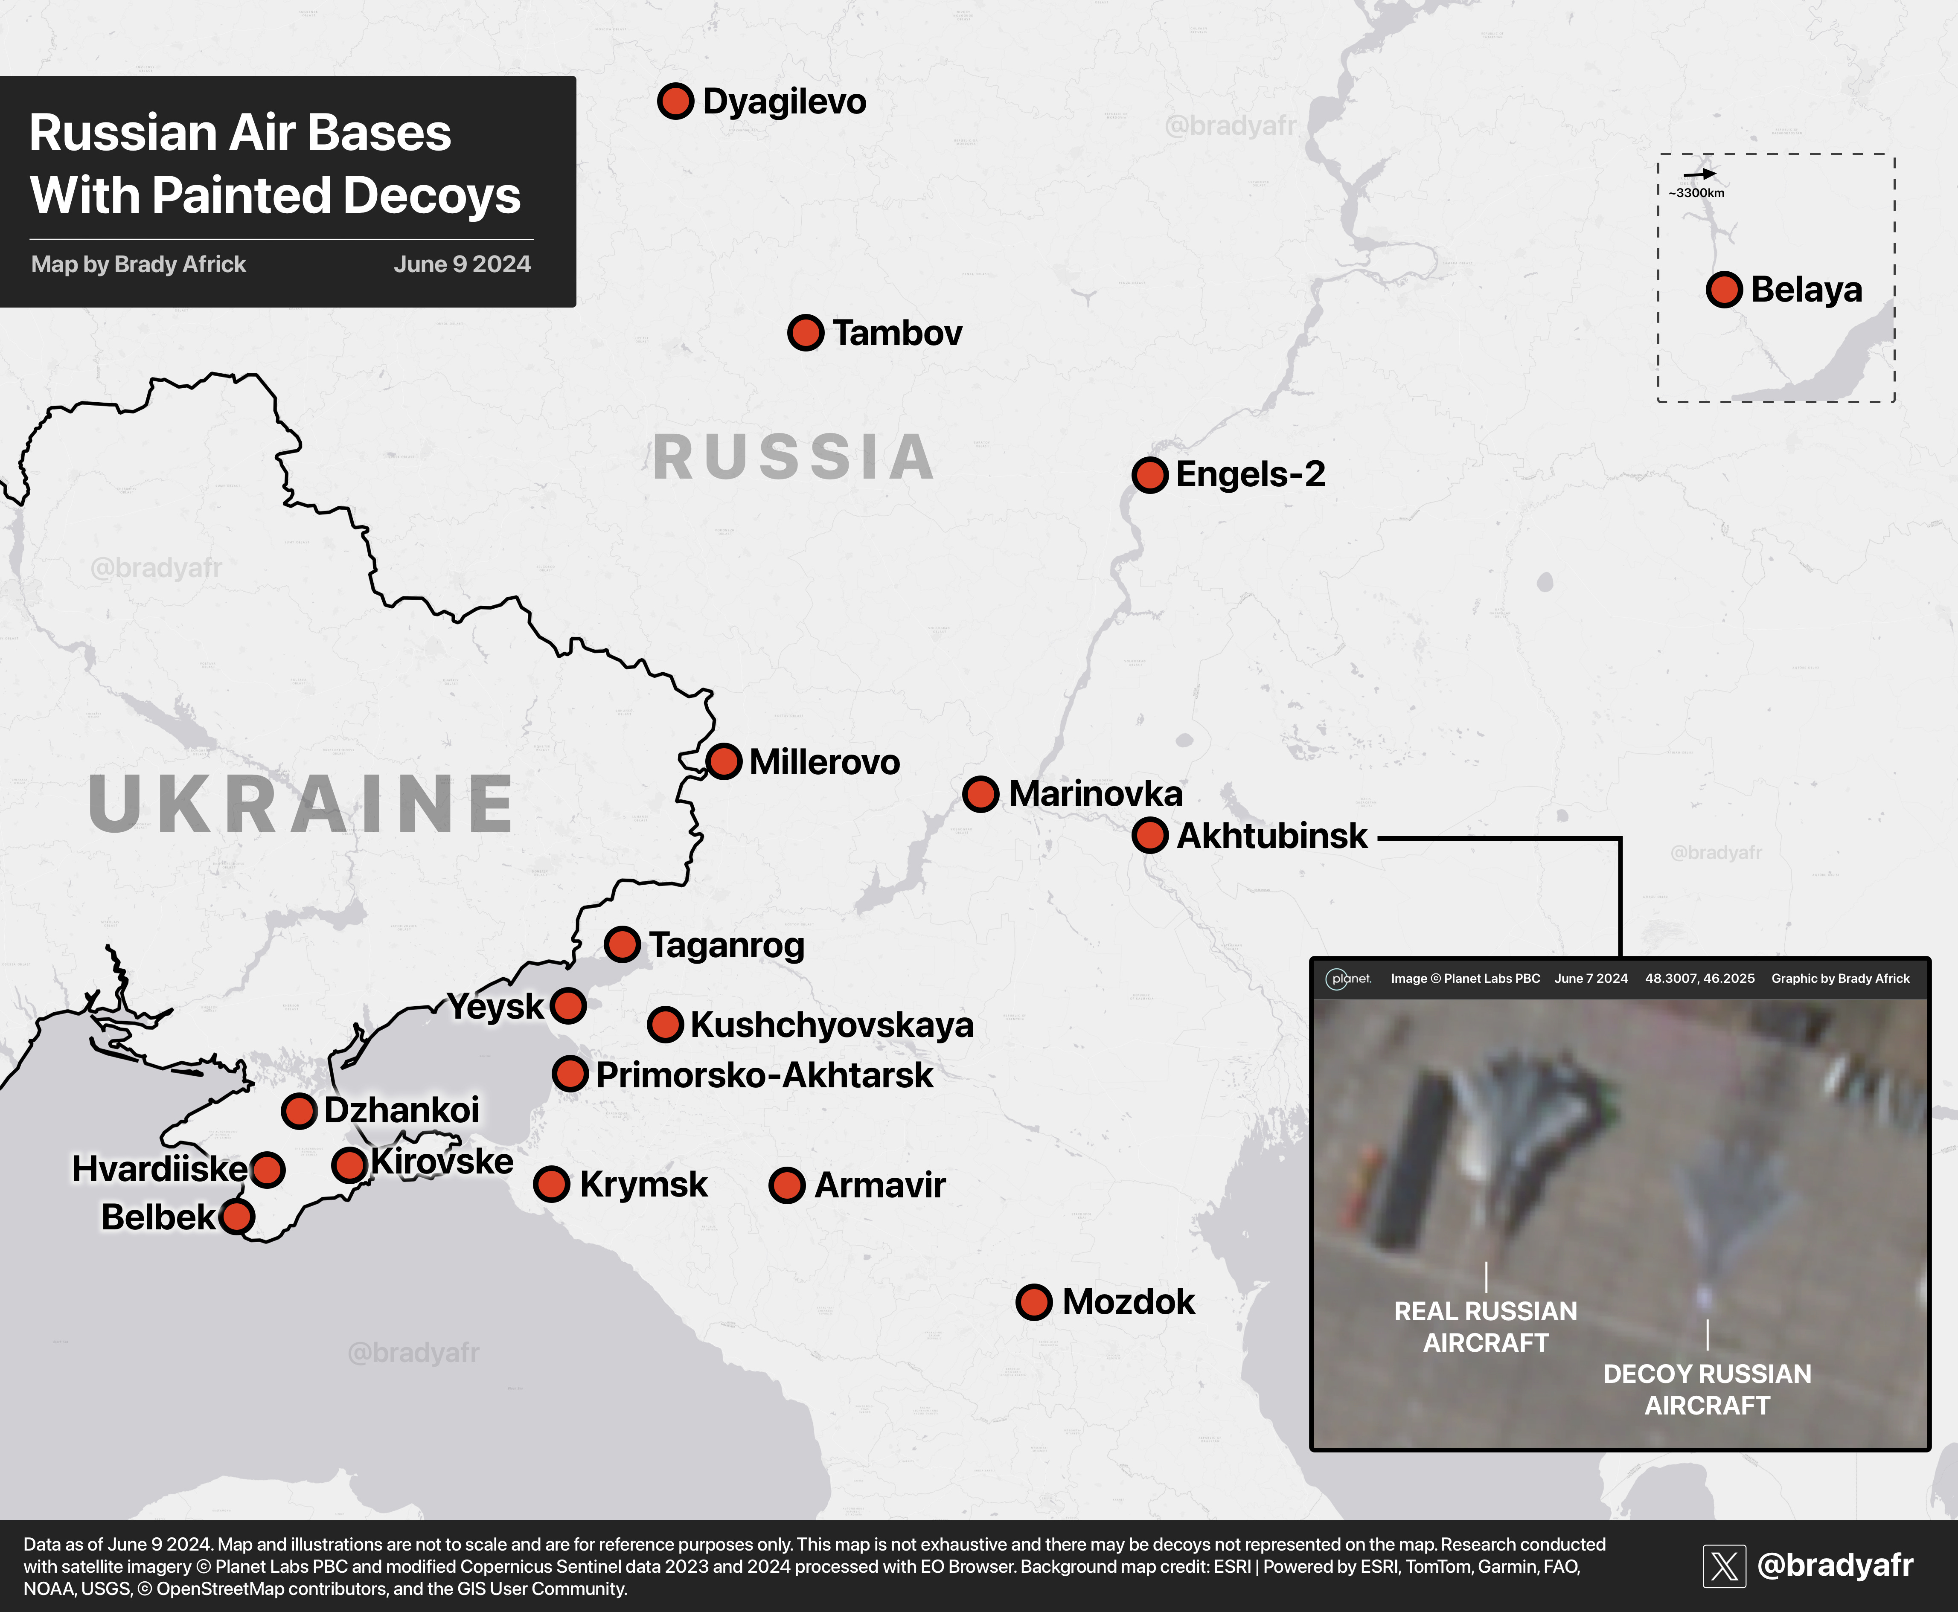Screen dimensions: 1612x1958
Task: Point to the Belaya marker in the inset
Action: (x=1724, y=290)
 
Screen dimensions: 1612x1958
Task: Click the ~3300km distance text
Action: (x=1696, y=193)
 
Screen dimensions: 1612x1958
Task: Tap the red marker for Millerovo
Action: (x=724, y=761)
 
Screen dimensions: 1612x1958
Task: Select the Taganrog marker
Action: (x=623, y=944)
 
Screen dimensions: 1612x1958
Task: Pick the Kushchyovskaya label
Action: (x=831, y=1025)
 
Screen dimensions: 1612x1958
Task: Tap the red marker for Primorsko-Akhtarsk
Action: (x=570, y=1075)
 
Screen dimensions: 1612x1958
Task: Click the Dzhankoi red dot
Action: (x=299, y=1111)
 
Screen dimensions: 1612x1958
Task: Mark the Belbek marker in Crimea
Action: (x=238, y=1217)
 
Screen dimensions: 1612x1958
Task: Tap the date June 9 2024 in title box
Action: (x=462, y=264)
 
